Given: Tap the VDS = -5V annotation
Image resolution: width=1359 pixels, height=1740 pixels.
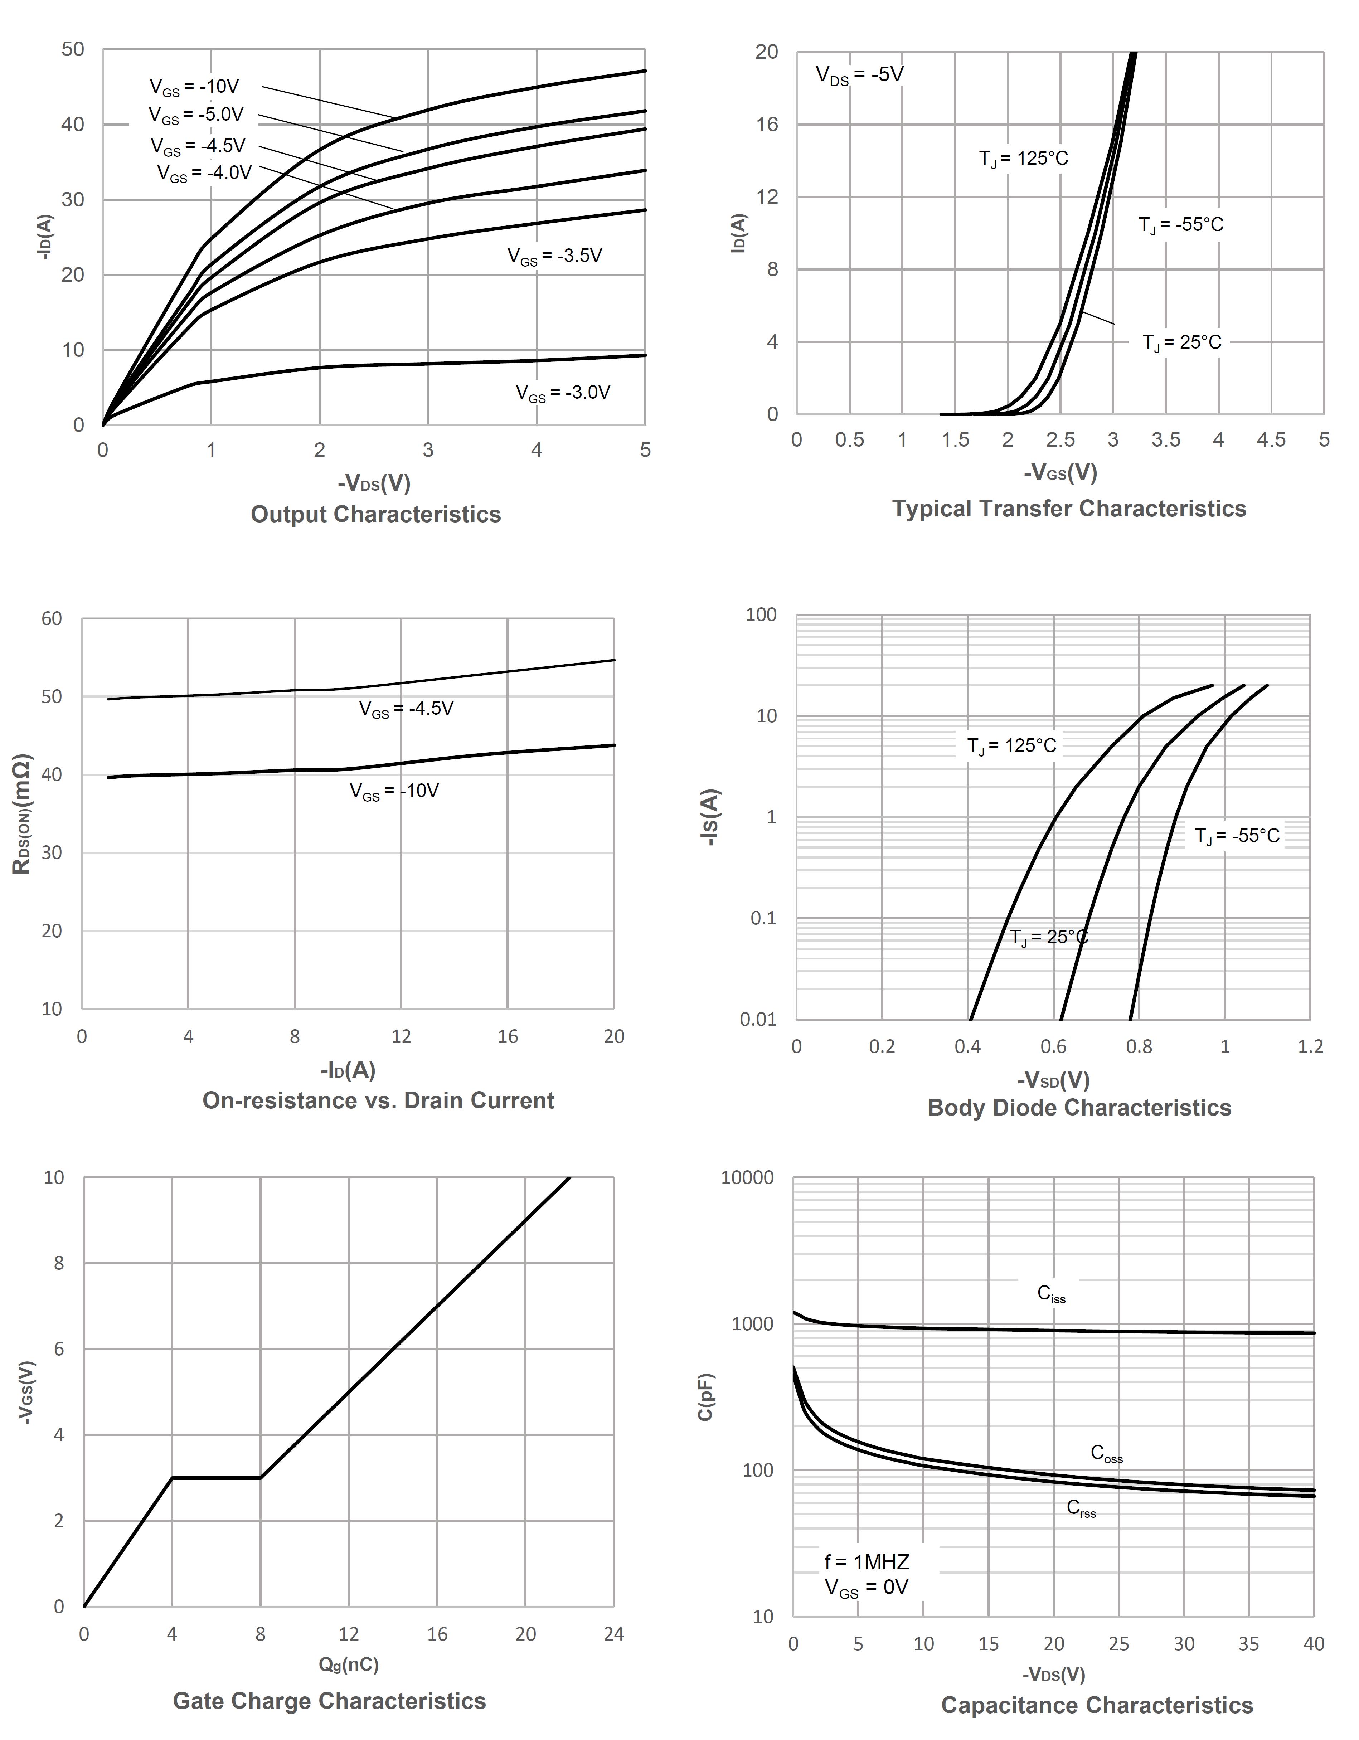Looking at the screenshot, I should point(860,76).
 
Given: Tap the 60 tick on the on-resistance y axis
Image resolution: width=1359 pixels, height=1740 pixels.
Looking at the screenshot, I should point(52,619).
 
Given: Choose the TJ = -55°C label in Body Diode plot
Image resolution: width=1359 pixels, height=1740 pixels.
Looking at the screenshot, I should point(1236,836).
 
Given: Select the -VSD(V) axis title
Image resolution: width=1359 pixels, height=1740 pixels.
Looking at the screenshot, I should point(1053,1079).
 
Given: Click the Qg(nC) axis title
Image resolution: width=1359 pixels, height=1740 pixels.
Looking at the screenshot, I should point(348,1664).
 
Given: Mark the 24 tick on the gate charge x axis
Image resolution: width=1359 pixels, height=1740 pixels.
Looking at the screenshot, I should point(613,1634).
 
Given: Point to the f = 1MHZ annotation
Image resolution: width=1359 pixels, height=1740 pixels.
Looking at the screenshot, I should point(867,1561).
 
